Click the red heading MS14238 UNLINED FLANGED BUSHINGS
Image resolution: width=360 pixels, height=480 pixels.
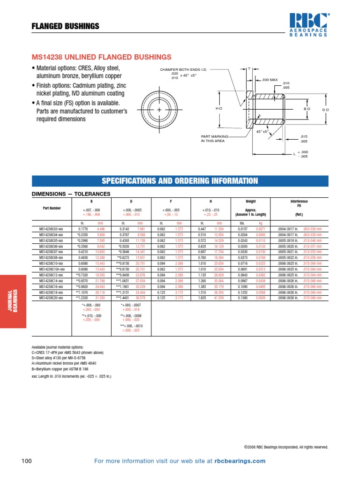tap(101, 57)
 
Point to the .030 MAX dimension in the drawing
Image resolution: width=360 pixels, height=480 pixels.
tap(270, 80)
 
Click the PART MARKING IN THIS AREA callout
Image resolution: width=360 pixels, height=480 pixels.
tap(215, 138)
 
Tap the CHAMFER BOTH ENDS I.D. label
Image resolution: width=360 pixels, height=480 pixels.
tap(183, 69)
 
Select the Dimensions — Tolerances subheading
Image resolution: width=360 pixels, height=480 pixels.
tap(70, 194)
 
